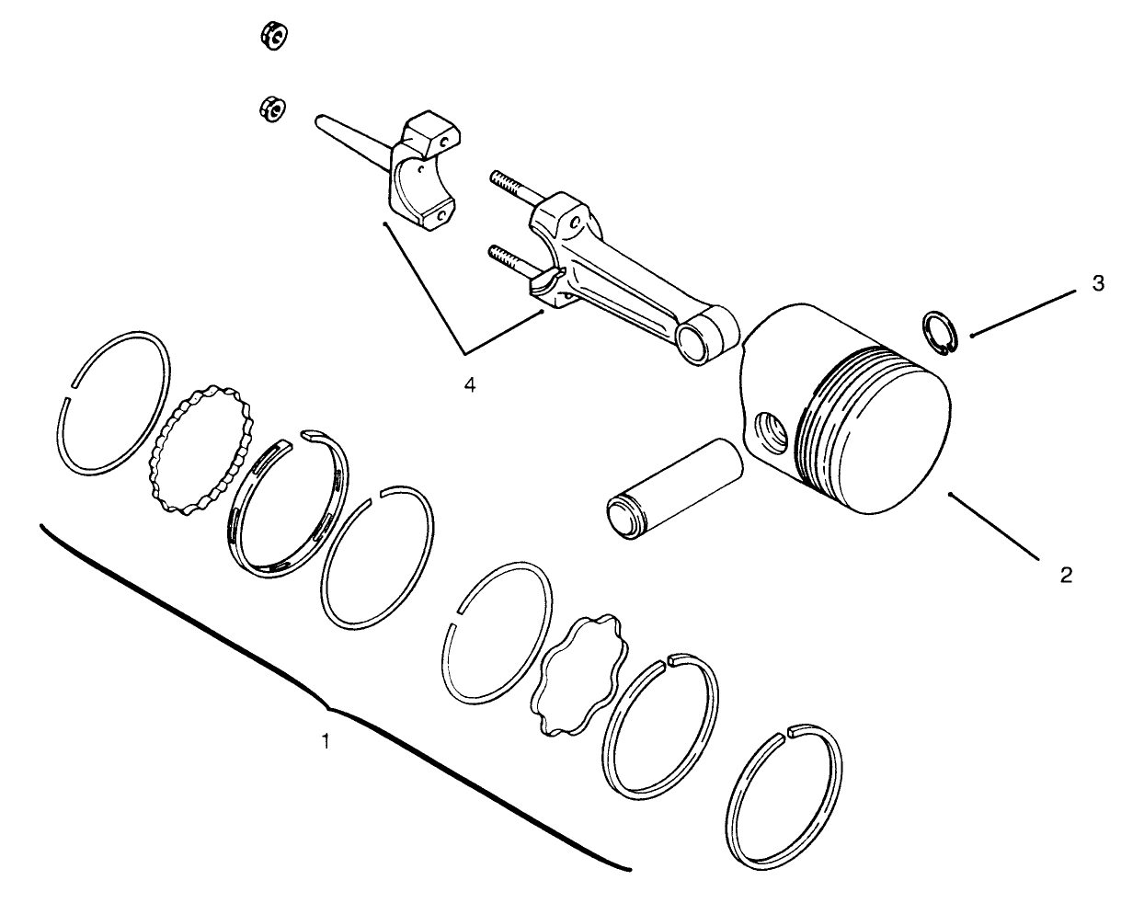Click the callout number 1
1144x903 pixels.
tap(323, 740)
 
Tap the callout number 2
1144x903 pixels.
tap(1066, 576)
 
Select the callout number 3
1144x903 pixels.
tap(1097, 284)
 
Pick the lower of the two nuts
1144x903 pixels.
tap(271, 108)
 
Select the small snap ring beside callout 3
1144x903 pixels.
tap(940, 333)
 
